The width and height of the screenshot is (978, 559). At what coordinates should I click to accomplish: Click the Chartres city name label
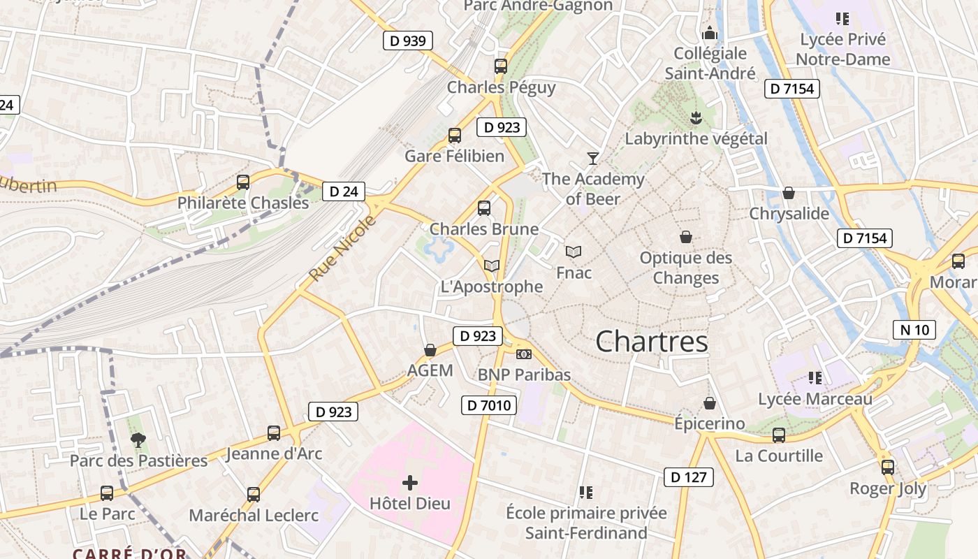tap(652, 342)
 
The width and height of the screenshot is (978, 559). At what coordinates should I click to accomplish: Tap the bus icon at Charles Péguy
tap(501, 66)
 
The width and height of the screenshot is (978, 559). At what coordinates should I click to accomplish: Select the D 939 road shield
tap(408, 41)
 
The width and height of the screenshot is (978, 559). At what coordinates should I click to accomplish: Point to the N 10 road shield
tap(914, 329)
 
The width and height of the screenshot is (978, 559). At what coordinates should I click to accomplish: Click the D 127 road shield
tap(689, 477)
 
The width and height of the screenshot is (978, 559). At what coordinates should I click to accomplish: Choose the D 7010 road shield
tap(489, 405)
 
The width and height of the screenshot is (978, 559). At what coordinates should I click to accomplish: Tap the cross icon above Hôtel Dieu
tap(410, 483)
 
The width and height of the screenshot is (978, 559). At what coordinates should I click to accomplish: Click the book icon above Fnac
tap(574, 252)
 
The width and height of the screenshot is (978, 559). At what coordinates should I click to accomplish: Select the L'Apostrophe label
tap(492, 286)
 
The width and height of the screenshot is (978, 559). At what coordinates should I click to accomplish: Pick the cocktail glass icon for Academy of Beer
tap(593, 158)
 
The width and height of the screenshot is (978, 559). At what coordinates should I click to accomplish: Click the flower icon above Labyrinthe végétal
tap(696, 117)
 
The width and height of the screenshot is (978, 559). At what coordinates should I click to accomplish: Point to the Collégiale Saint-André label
tap(710, 63)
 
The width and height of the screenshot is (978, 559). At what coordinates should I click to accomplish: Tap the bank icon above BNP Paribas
tap(524, 354)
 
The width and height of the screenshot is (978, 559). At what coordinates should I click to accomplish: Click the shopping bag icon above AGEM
tap(430, 349)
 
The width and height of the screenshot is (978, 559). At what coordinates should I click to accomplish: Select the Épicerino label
tap(709, 423)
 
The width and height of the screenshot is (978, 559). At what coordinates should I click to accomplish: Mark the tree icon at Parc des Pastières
tap(138, 440)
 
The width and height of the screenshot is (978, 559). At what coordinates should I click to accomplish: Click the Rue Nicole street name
tap(342, 249)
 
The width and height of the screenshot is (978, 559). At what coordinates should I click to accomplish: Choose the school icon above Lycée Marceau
tap(815, 378)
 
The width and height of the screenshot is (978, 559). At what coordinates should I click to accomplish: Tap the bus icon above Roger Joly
tap(887, 467)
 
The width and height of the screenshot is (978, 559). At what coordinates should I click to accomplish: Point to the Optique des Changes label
tap(686, 268)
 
